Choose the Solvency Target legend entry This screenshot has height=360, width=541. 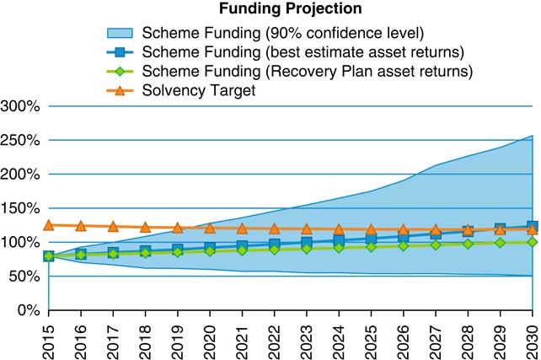coord(199,90)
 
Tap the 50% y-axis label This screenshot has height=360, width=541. coord(25,276)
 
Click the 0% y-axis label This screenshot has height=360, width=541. coord(29,310)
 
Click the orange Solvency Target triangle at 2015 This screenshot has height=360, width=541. coord(49,225)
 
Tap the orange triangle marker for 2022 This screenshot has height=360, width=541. coord(274,228)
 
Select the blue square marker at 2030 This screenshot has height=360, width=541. coord(532,227)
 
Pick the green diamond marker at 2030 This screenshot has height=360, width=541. coord(532,242)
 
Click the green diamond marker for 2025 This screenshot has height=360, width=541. coord(371,247)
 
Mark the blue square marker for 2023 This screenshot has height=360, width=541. coord(307,244)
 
